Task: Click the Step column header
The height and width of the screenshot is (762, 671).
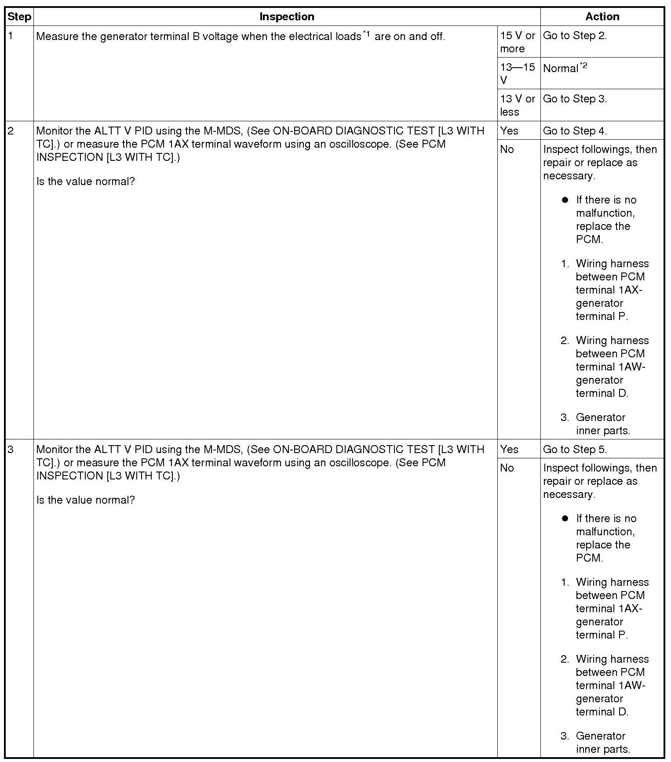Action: click(19, 17)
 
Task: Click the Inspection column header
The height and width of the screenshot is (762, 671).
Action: click(287, 17)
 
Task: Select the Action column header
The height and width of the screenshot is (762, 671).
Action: click(602, 17)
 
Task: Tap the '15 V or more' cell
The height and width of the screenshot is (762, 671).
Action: click(518, 42)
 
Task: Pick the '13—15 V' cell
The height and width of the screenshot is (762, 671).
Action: click(518, 73)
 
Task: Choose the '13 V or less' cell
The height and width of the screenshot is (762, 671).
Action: click(518, 105)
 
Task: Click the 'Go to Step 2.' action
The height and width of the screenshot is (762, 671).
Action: click(575, 36)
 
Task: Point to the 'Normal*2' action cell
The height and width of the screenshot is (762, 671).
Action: click(565, 68)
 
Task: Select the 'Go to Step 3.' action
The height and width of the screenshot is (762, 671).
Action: click(575, 99)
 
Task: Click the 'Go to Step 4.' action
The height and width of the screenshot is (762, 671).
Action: click(575, 131)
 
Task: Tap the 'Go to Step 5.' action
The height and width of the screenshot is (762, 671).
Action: click(575, 450)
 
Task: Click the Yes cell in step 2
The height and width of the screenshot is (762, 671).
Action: click(509, 131)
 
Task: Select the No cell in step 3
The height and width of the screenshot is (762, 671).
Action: click(507, 468)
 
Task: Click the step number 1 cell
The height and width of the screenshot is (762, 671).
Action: click(11, 36)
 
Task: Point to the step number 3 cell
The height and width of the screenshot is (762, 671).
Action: click(11, 450)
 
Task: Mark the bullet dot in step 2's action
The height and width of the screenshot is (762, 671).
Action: click(565, 200)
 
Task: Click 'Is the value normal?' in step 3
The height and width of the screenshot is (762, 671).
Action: click(86, 500)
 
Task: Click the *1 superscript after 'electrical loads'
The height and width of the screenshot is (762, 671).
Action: click(366, 33)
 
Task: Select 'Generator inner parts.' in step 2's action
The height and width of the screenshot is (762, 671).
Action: click(602, 424)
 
